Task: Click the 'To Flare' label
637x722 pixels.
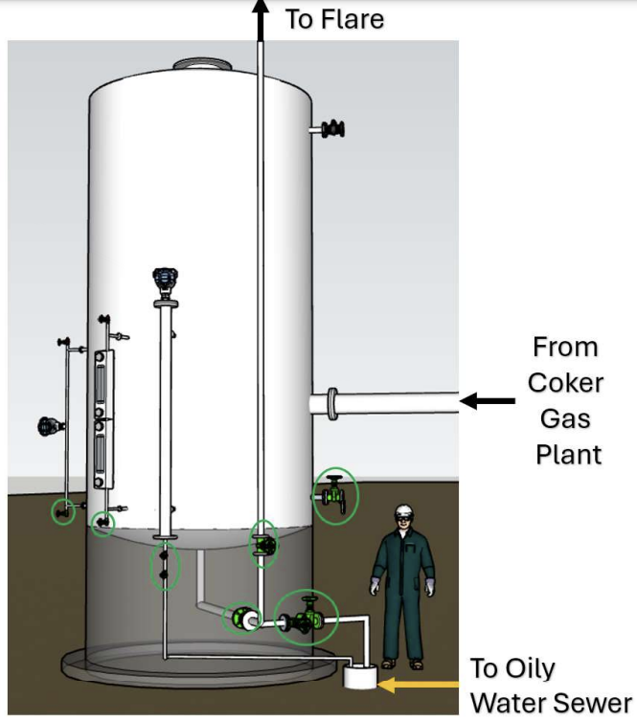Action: pos(334,18)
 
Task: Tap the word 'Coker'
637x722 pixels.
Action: pos(566,383)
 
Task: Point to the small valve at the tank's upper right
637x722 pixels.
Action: pos(331,128)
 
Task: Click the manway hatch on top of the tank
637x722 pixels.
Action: pos(201,65)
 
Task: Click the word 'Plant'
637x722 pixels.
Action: pos(567,453)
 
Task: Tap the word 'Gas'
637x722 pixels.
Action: pos(566,418)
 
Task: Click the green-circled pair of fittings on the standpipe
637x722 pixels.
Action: pos(165,565)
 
